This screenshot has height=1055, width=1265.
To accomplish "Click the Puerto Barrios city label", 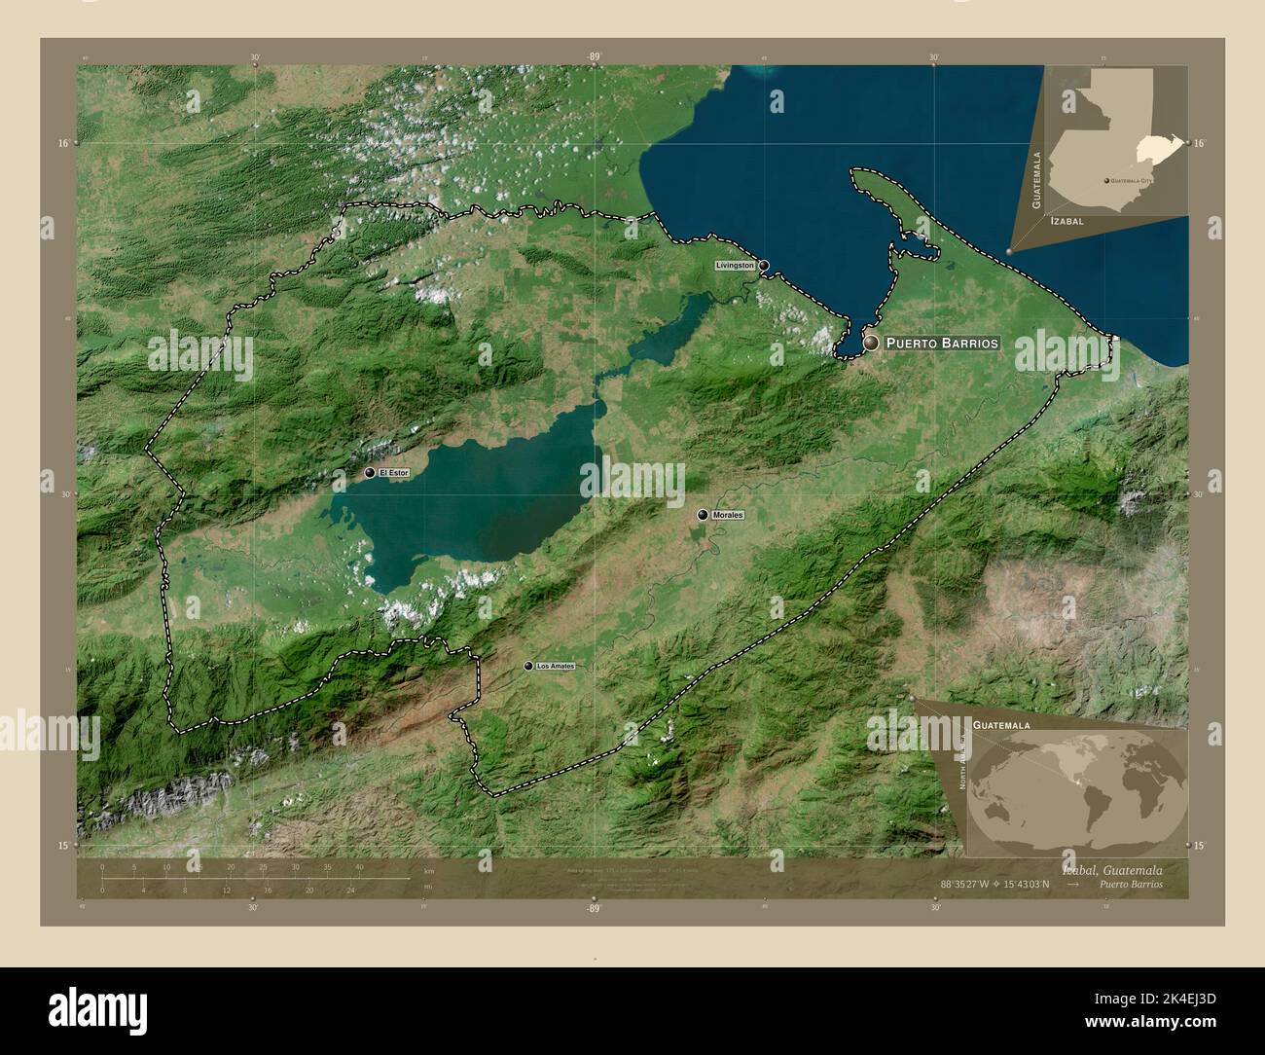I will pos(942,344).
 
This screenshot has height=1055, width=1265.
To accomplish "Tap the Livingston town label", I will pos(735,265).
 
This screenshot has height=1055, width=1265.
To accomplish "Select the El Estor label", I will pos(394,473).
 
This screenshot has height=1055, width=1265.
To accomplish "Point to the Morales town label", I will pos(727,515).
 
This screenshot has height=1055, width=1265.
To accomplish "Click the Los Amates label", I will pos(556,667).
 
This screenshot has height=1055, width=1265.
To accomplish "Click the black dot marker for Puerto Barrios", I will pos(870,343).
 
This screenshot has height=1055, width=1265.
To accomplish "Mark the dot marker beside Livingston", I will pos(765,265).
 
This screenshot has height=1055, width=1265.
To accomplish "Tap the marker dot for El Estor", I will pos(370,473).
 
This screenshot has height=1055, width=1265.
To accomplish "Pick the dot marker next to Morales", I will pos(703,515).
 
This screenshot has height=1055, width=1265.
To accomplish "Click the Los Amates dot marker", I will pos(528,667).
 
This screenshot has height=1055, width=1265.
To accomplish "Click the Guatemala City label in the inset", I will pos(1132,181).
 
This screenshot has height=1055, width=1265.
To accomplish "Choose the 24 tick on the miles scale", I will pos(351,890).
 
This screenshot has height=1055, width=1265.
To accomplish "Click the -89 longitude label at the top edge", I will pos(594,57).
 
